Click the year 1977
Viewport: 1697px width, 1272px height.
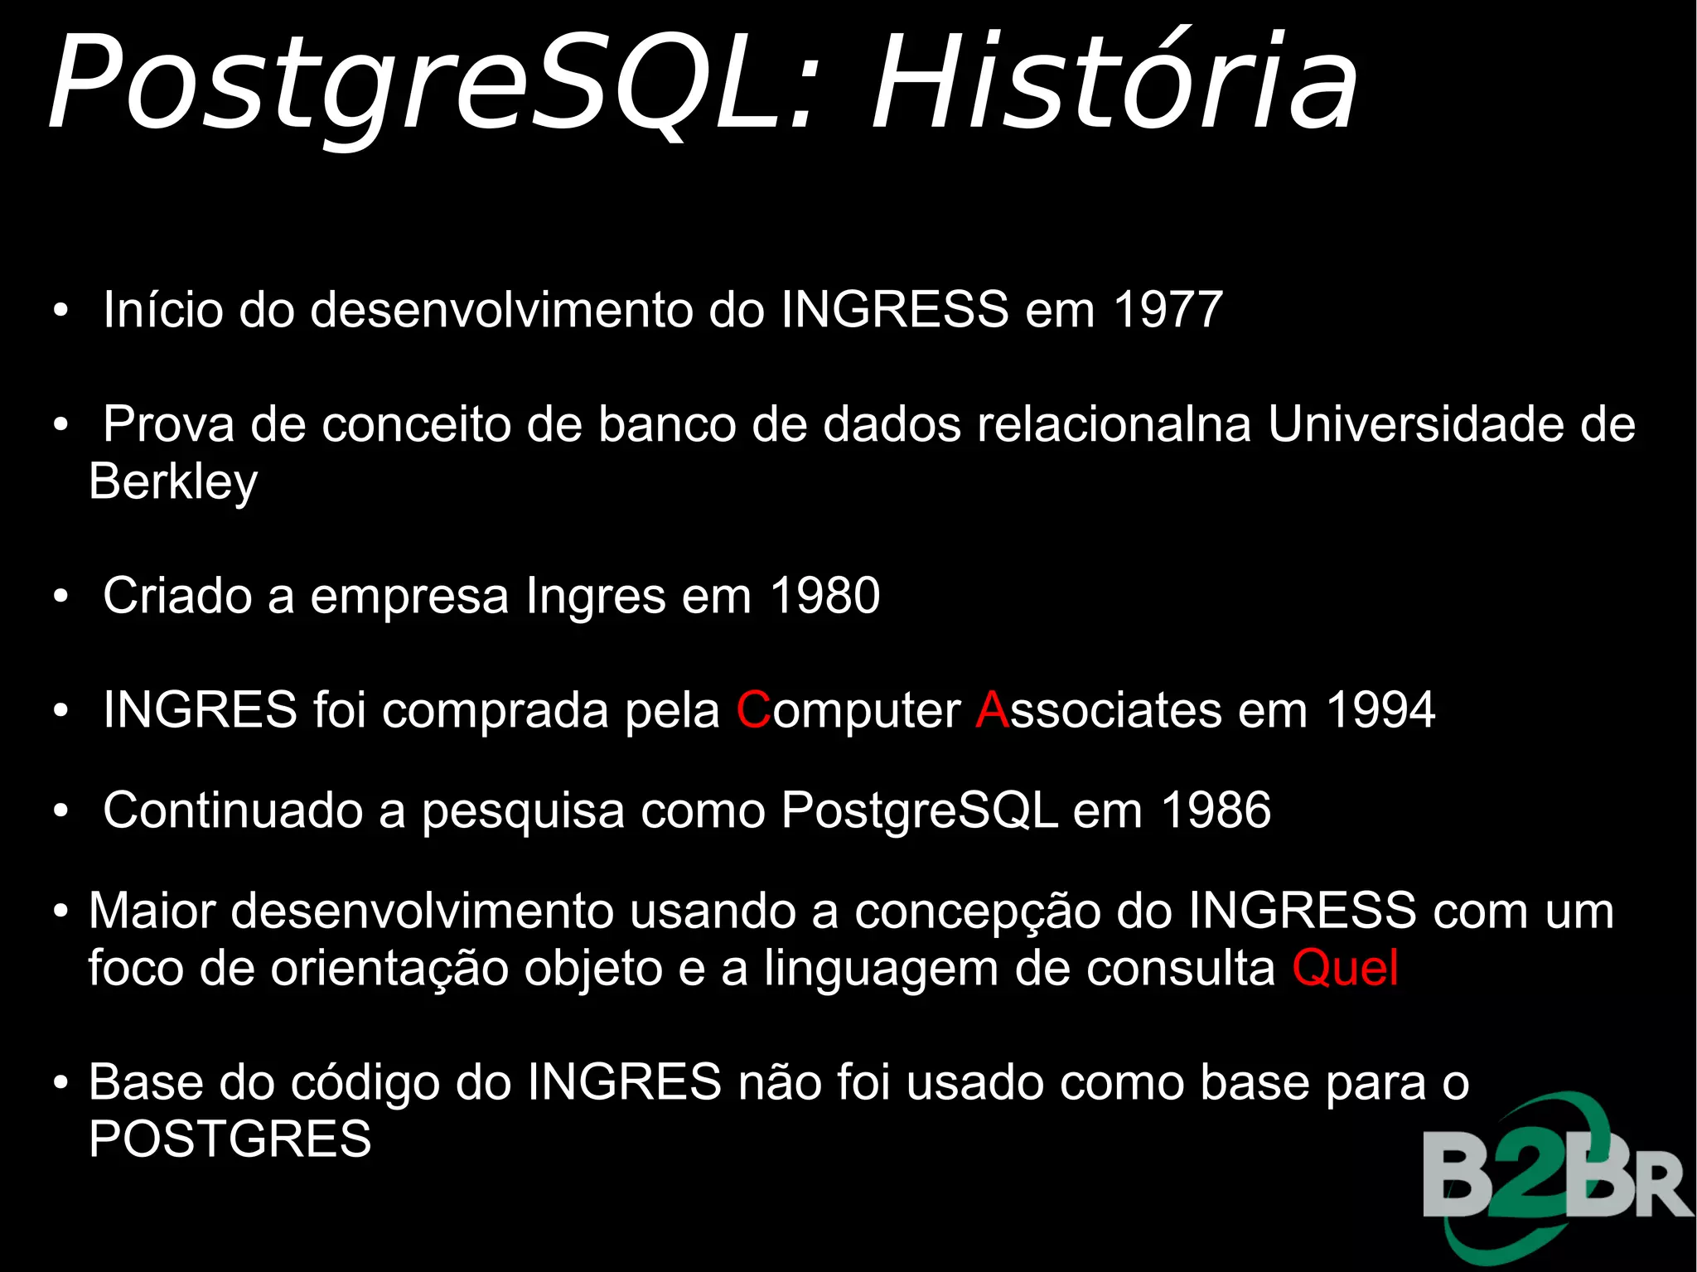click(x=1168, y=309)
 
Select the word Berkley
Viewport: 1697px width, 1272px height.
click(x=173, y=481)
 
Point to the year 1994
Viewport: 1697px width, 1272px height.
click(x=1380, y=710)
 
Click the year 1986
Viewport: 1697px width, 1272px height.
click(x=1216, y=810)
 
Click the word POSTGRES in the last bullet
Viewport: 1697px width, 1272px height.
click(x=230, y=1139)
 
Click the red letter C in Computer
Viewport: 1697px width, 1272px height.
click(x=753, y=710)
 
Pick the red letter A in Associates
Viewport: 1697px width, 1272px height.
click(x=992, y=710)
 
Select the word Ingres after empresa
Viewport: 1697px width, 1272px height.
click(x=596, y=597)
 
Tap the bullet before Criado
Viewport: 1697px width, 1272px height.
click(x=60, y=597)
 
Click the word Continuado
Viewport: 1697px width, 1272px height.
click(x=233, y=810)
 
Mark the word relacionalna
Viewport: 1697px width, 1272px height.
click(x=1114, y=424)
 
